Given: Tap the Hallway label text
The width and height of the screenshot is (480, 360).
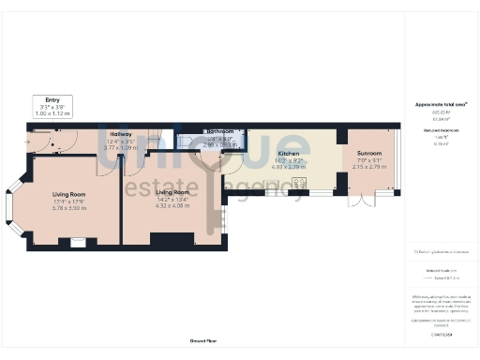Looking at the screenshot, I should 120,134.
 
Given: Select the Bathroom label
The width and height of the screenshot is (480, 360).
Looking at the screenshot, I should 219,131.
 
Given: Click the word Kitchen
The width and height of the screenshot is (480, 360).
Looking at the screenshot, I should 289,153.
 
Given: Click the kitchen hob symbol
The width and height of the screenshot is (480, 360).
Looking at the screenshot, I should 300,184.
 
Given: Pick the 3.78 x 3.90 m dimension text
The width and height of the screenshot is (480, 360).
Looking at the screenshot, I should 69,207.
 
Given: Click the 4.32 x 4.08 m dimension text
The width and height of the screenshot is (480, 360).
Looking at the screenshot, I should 172,204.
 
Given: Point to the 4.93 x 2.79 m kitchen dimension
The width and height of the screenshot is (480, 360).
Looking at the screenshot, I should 289,167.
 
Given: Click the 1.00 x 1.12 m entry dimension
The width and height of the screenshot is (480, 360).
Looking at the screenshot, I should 52,113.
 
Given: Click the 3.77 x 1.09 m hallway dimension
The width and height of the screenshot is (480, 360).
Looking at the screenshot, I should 120,147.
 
